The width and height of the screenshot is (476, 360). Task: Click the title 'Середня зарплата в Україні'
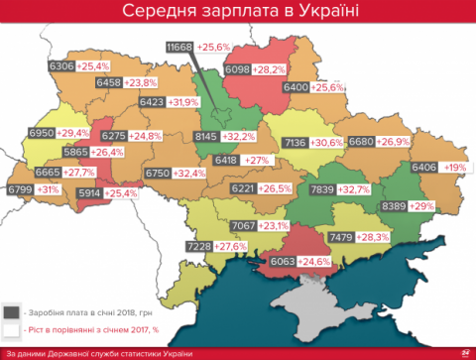click(x=238, y=13)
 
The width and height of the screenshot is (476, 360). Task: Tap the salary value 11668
click(x=179, y=47)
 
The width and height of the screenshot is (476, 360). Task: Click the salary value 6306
click(x=62, y=66)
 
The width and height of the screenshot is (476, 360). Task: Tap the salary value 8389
click(x=397, y=204)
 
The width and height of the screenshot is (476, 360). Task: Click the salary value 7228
click(x=199, y=245)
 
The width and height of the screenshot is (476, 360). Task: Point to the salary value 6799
click(x=20, y=188)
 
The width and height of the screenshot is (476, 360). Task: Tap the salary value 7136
click(x=295, y=142)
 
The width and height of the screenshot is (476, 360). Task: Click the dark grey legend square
click(x=11, y=310)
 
